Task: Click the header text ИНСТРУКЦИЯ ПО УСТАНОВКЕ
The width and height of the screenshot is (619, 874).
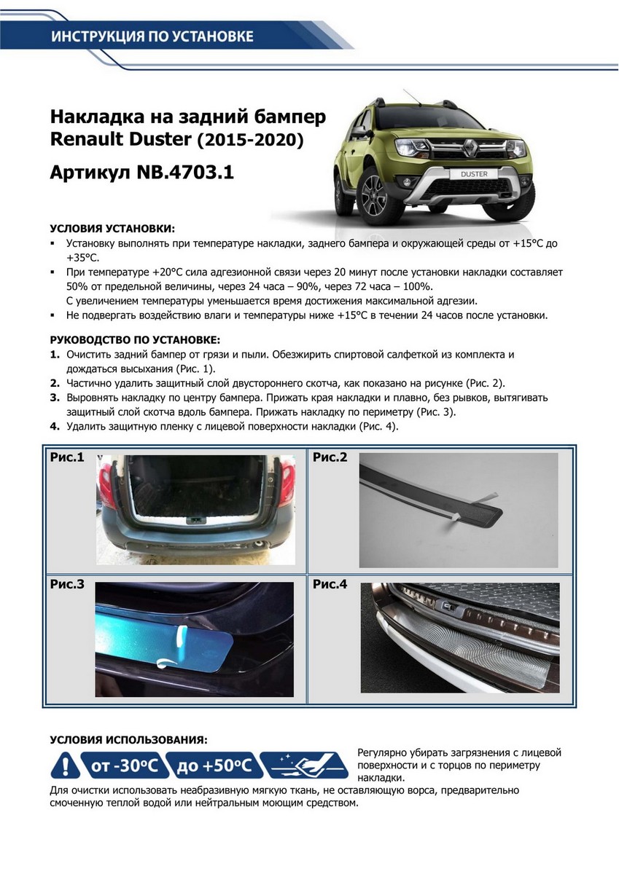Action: (x=152, y=36)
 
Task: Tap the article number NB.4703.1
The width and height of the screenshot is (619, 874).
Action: (x=185, y=173)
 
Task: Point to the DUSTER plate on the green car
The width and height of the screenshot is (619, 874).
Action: (x=475, y=175)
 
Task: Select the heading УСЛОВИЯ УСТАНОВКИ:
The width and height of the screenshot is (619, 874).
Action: (x=112, y=229)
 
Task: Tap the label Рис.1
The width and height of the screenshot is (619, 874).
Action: (x=67, y=458)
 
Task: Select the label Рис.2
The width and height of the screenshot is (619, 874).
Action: (x=330, y=458)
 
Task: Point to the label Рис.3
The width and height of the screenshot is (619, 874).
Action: (x=67, y=584)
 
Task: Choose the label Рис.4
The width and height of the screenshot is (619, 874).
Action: (x=330, y=584)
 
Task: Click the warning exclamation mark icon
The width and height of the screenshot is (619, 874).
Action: (x=66, y=765)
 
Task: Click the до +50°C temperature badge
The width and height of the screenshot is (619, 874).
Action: (x=213, y=765)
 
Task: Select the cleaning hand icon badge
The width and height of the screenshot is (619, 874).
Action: (x=304, y=765)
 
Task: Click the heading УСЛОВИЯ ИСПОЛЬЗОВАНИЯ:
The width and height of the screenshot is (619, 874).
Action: (x=128, y=739)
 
